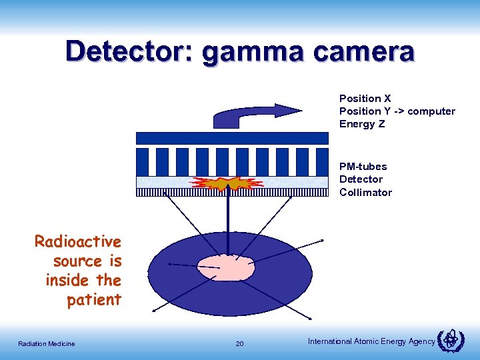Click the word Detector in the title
point(125,52)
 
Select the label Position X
point(365,99)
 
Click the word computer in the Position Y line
point(431,111)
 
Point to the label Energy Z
point(362,124)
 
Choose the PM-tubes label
point(363,167)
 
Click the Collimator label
point(365,193)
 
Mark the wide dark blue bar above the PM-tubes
point(232,138)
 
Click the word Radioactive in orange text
point(78,241)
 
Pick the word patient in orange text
point(94,300)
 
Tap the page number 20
point(240,344)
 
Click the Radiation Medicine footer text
point(47,344)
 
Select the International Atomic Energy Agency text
point(371,342)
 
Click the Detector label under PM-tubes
point(361,179)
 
